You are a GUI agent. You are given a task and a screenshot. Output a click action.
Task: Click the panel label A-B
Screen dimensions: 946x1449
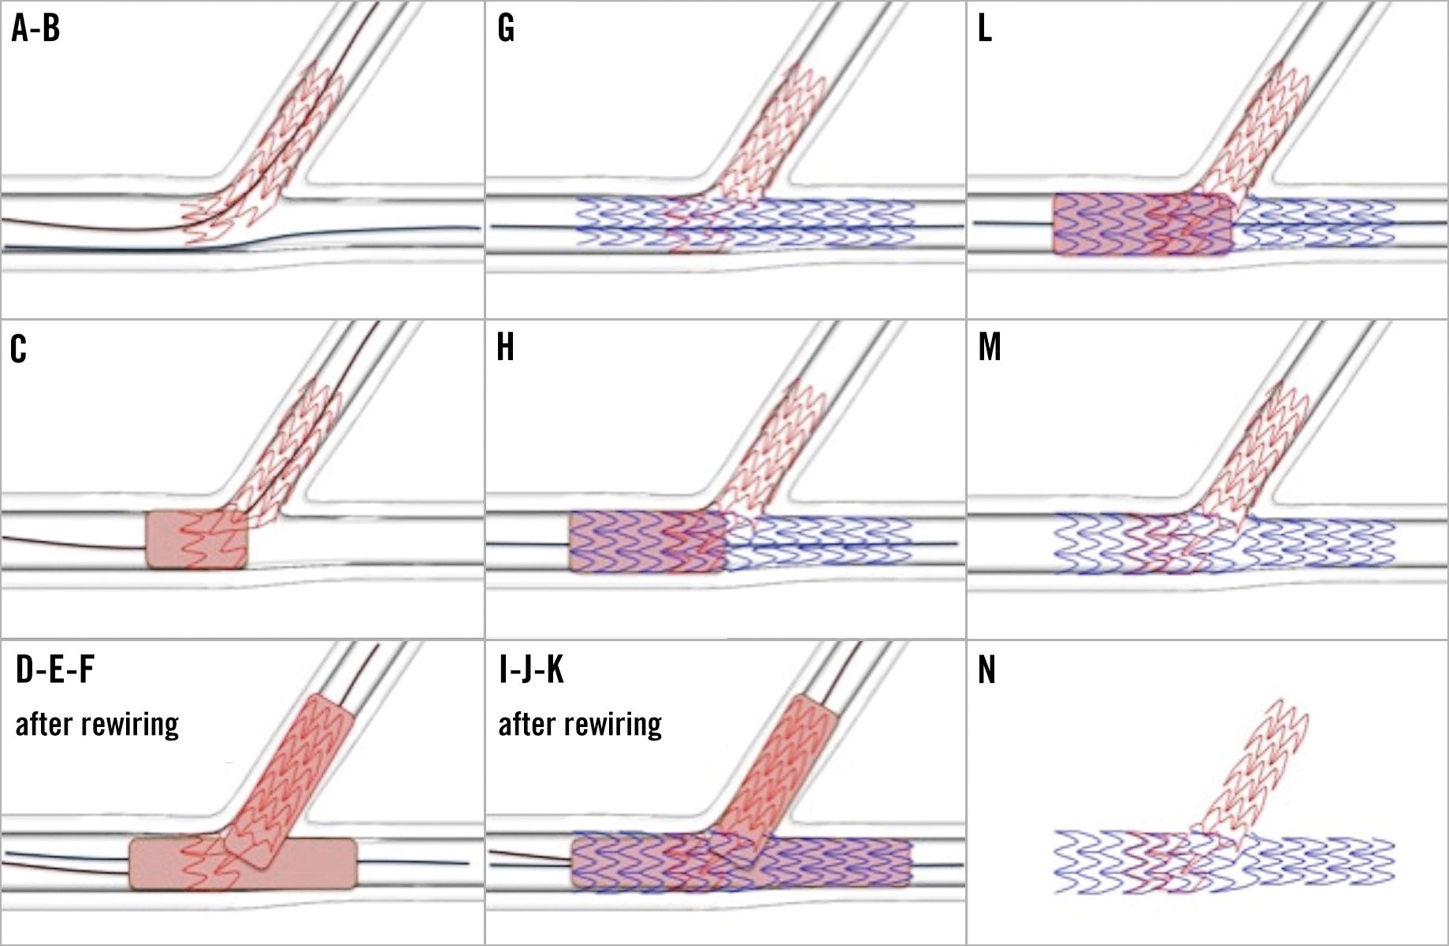click(x=35, y=29)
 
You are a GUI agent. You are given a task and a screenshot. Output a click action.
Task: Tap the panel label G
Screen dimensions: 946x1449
click(x=506, y=29)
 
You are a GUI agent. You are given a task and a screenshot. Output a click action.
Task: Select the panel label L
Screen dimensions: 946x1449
click(x=984, y=29)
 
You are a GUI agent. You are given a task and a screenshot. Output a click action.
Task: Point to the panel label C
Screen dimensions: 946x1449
click(x=18, y=348)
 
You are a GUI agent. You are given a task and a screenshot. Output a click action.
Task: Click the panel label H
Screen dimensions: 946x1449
click(x=506, y=347)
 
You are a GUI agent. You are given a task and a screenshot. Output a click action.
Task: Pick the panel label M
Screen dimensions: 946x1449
click(x=990, y=347)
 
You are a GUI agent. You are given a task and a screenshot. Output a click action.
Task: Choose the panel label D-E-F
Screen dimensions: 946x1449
click(x=54, y=670)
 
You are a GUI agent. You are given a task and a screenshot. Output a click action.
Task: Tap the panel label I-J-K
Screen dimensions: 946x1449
click(x=531, y=670)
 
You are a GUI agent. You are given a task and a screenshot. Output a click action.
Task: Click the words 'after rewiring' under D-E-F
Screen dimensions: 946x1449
click(x=97, y=724)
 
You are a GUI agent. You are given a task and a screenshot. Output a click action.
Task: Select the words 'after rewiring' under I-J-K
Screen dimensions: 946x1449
click(x=580, y=724)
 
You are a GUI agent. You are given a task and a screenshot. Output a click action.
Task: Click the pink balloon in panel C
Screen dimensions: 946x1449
click(x=197, y=539)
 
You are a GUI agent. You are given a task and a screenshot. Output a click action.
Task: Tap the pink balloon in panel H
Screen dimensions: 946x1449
click(x=646, y=541)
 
